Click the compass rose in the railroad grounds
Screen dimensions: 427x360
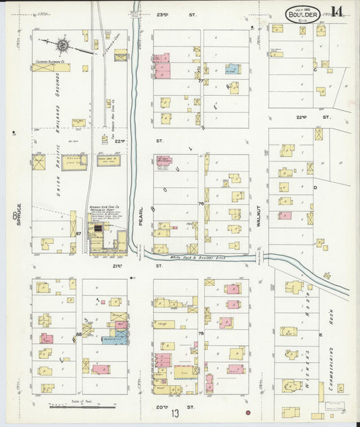point(62,46)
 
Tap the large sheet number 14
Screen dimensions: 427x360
point(336,11)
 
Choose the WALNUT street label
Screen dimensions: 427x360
point(259,222)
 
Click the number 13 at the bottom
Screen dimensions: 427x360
point(175,413)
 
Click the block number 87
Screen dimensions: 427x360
point(78,234)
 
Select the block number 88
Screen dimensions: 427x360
point(79,334)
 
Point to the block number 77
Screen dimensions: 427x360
point(201,81)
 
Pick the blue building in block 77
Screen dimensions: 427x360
point(232,69)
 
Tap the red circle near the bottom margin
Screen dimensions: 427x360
point(248,412)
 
